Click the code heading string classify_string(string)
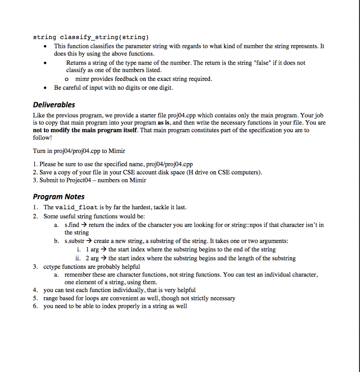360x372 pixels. pyautogui.click(x=91, y=37)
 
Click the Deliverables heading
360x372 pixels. pyautogui.click(x=54, y=105)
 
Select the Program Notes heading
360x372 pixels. pyautogui.click(x=58, y=197)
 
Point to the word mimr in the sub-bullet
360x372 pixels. pyautogui.click(x=82, y=79)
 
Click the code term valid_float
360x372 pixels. pyautogui.click(x=76, y=207)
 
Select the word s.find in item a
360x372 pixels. pyautogui.click(x=72, y=225)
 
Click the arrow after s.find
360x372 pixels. pyautogui.click(x=84, y=225)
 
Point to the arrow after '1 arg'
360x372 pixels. pyautogui.click(x=104, y=250)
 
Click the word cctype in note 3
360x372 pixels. pyautogui.click(x=52, y=267)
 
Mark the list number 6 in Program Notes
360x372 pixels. pyautogui.click(x=35, y=306)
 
